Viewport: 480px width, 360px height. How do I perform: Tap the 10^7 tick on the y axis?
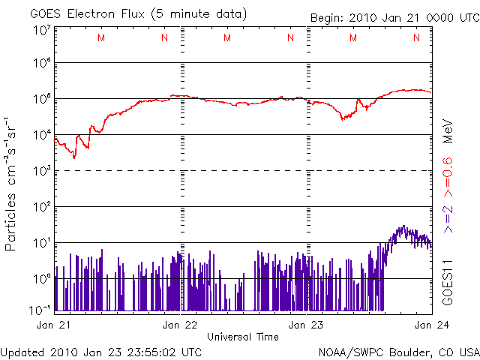(42, 31)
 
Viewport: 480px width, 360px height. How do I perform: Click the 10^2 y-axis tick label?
(42, 206)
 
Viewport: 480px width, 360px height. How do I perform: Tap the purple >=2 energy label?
(447, 218)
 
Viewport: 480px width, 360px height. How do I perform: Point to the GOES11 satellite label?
(447, 282)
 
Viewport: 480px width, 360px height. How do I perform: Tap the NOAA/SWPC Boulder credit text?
(398, 351)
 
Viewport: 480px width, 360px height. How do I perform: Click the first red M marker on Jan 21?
(101, 37)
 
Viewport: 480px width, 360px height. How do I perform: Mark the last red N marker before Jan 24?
(416, 37)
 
